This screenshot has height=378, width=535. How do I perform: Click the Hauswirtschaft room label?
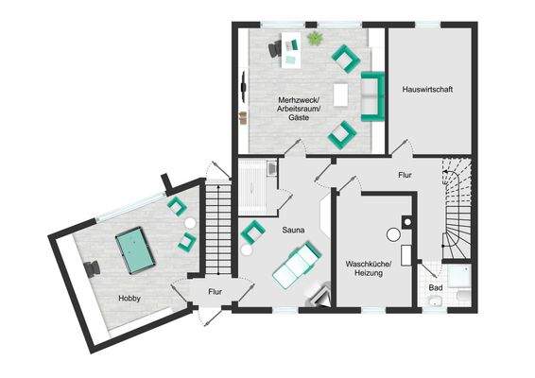coord(427,90)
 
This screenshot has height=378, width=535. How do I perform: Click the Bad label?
coord(436,287)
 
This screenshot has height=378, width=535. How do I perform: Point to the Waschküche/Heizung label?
coord(367,269)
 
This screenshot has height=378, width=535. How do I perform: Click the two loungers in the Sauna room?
coord(297,264)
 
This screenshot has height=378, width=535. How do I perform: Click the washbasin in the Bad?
coord(434,301)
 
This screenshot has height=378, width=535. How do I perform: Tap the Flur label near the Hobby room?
coord(215,292)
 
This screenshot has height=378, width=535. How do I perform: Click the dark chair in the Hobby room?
coord(91,269)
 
